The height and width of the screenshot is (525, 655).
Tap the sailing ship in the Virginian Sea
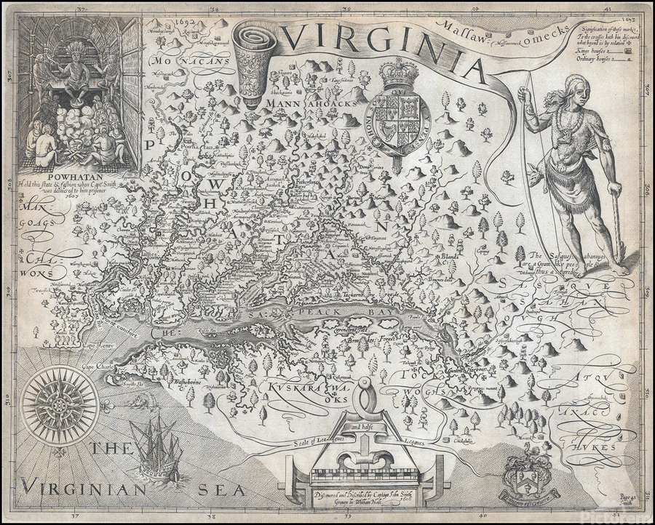point(155,447)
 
